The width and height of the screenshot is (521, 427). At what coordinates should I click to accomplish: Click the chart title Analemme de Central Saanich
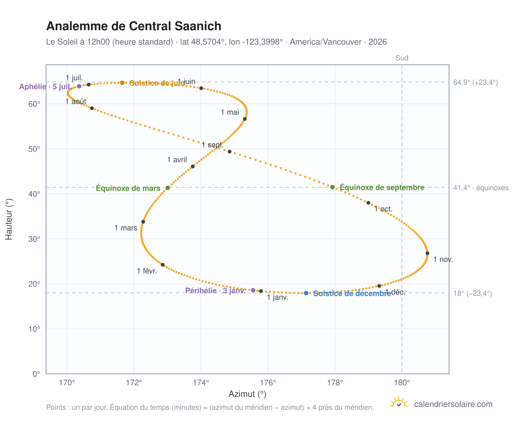pos(133,26)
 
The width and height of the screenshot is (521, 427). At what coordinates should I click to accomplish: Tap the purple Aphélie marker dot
pos(79,86)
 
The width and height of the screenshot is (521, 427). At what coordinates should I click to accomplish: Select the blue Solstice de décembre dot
pos(306,293)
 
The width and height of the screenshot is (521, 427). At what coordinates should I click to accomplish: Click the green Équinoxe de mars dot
pos(168,188)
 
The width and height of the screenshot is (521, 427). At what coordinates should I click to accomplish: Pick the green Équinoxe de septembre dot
pos(332,187)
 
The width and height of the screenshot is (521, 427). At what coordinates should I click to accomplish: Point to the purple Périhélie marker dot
pos(253,290)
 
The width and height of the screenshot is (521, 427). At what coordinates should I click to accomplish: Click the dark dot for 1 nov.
pos(427,253)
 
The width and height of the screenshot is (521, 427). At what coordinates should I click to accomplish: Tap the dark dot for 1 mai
pos(245,119)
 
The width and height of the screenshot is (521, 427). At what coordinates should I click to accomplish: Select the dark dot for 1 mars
pos(143,222)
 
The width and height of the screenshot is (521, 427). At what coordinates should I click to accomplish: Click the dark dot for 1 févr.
pos(163,265)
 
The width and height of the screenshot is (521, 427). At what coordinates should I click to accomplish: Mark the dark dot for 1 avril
pos(193,167)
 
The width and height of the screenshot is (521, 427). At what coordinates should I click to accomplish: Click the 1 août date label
pos(76,101)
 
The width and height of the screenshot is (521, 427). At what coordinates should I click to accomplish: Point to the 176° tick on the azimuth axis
pos(268,382)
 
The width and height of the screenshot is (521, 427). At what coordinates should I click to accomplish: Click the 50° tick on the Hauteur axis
pos(34,149)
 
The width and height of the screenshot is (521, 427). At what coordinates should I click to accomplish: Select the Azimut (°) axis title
pos(247,394)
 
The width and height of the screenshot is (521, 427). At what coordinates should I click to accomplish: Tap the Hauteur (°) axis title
pos(9,219)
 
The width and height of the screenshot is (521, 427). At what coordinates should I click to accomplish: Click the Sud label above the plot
pos(402,58)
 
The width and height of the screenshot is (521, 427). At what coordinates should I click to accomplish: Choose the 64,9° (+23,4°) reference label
pos(475,82)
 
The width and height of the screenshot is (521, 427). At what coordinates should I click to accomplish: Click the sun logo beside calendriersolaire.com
pos(399,403)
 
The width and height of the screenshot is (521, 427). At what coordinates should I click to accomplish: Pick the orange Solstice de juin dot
pos(122,83)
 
